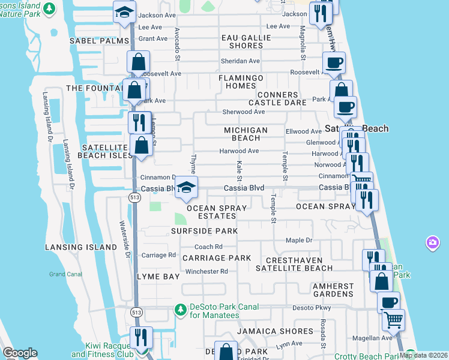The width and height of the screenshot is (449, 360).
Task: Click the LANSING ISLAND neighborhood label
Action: click(x=81, y=247)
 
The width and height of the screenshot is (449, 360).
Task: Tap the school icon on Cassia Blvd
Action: click(x=186, y=188)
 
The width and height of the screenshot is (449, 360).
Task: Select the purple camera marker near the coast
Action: click(x=432, y=243)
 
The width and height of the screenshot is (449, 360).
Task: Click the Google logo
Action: click(x=20, y=353)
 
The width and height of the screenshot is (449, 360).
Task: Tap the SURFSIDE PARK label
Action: click(x=204, y=231)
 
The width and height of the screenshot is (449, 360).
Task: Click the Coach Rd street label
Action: click(x=208, y=247)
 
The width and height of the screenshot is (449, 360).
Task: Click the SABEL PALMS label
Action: click(x=98, y=41)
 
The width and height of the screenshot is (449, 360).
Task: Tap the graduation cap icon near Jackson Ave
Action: click(x=125, y=13)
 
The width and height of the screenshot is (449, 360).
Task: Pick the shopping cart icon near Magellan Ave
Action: click(x=393, y=320)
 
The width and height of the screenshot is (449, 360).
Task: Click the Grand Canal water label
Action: click(x=65, y=274)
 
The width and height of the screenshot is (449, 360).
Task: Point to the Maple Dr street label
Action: click(x=299, y=241)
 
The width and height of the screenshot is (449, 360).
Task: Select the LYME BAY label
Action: click(x=158, y=277)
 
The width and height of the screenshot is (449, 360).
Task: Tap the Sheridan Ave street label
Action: click(x=240, y=61)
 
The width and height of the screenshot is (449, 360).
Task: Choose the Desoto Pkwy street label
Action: click(x=312, y=308)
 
